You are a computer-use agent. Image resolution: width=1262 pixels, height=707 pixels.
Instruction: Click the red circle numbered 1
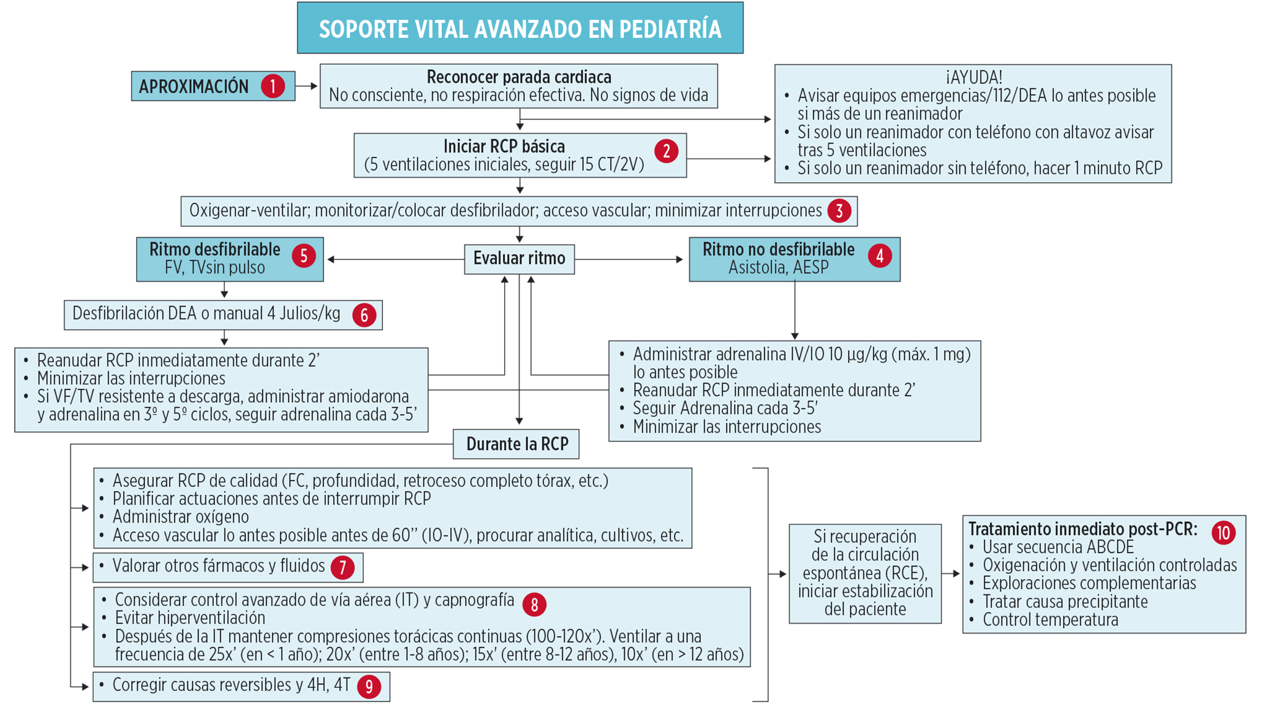click(273, 86)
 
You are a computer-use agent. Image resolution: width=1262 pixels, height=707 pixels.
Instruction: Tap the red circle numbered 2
click(666, 151)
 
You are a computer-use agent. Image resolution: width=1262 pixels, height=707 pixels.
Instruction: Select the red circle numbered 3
click(839, 211)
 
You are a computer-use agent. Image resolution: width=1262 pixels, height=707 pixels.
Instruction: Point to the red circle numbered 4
click(880, 255)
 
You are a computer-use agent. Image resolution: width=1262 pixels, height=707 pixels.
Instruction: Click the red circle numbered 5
click(304, 255)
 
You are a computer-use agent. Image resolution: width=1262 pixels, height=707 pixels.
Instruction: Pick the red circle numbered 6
click(364, 315)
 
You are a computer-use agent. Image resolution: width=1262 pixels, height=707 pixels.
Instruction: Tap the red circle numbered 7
click(342, 567)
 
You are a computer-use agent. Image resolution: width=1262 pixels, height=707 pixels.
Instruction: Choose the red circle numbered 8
click(534, 605)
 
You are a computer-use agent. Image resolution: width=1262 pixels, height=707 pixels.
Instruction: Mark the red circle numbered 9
click(369, 686)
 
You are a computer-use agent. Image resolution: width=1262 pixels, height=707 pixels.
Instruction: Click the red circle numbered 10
click(1223, 532)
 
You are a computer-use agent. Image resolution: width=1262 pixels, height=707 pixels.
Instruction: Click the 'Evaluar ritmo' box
click(519, 259)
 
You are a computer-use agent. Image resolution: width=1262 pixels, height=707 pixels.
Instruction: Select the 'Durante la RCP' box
click(516, 444)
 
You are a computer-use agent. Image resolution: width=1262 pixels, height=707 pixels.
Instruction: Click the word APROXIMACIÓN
click(194, 86)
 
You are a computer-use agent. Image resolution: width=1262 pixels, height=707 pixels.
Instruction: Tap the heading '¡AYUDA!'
click(973, 77)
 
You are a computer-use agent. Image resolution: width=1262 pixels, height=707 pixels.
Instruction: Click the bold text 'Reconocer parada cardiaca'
click(518, 77)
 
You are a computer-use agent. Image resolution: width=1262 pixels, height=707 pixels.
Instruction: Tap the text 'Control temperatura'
click(1050, 620)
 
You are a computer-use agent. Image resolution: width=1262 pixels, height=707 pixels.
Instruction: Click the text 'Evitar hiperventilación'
click(190, 618)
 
